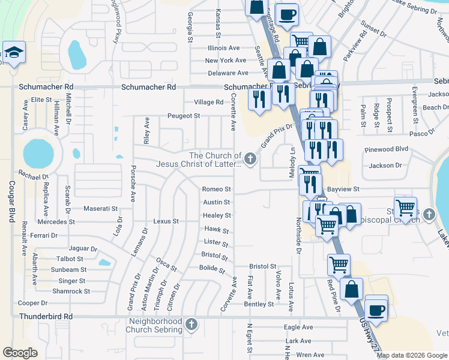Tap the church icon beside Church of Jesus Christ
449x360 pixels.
250,159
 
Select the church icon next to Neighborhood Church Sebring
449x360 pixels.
191,325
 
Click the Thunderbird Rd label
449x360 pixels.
46,316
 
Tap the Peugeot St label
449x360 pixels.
183,115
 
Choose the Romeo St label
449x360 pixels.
217,189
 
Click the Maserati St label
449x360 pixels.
101,208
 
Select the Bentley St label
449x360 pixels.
259,304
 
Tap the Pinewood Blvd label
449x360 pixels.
386,148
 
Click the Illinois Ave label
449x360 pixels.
223,48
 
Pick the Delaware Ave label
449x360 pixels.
228,73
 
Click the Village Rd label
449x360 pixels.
209,102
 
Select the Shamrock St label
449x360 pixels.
71,291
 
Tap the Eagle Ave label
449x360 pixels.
298,327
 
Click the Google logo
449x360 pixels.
20,353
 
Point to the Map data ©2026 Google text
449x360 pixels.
412,355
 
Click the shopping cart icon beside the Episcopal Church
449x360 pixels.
406,208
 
